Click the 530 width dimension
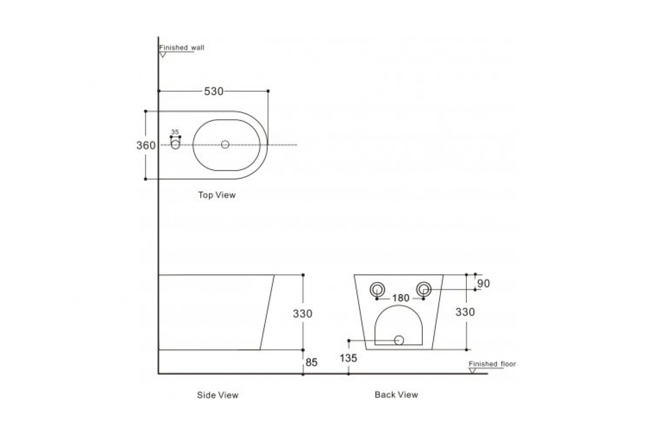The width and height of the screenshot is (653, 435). [x=213, y=92]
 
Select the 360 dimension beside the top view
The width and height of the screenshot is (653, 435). [x=146, y=145]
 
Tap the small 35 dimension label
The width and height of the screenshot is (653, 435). [x=175, y=132]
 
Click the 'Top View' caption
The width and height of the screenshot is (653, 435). [x=217, y=195]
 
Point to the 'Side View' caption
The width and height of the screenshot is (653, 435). [x=218, y=395]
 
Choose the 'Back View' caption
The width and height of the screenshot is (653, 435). [x=396, y=395]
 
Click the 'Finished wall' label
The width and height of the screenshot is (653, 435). [x=182, y=48]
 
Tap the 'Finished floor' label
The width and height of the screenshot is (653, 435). [x=492, y=364]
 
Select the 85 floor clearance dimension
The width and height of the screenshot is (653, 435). [x=311, y=362]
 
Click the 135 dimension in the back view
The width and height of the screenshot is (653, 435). [x=348, y=358]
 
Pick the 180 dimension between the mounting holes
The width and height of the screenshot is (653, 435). [x=401, y=298]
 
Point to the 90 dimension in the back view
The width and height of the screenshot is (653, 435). [x=483, y=283]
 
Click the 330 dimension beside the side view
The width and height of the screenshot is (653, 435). [x=303, y=314]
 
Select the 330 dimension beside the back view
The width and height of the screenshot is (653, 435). [x=465, y=312]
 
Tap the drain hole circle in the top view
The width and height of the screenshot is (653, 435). [x=225, y=145]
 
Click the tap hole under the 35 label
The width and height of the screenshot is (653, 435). [x=175, y=145]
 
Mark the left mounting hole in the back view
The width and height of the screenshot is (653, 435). [x=377, y=289]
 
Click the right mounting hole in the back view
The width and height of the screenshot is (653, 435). [x=424, y=289]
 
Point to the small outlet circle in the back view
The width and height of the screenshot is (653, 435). [x=399, y=340]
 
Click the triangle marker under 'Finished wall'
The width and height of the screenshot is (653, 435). [x=162, y=54]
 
